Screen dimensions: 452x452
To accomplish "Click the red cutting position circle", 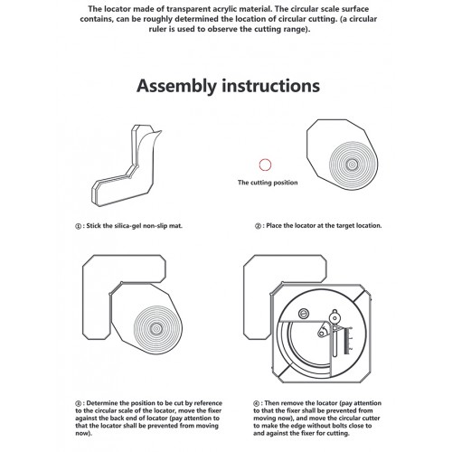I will pos(265,164).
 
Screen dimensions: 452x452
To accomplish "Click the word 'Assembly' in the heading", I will pos(177,87).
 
